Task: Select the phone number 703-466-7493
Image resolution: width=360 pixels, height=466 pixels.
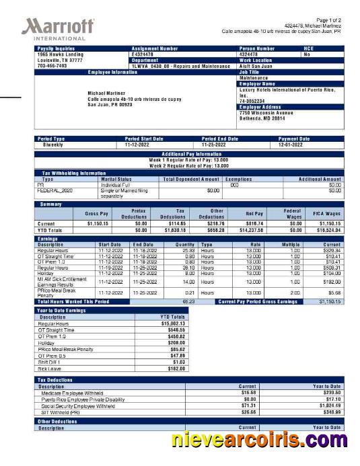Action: (x=52, y=66)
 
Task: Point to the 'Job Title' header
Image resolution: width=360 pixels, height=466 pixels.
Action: (x=253, y=71)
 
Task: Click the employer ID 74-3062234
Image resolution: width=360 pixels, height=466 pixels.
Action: (x=254, y=100)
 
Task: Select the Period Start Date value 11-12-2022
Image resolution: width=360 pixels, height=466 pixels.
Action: (x=139, y=145)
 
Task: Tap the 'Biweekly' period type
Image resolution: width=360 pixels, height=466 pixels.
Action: (x=53, y=145)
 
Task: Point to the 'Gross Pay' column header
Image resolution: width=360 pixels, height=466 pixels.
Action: (x=96, y=214)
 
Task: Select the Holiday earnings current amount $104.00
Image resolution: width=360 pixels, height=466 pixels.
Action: (x=332, y=274)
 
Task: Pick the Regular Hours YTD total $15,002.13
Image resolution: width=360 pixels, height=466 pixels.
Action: (x=172, y=324)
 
